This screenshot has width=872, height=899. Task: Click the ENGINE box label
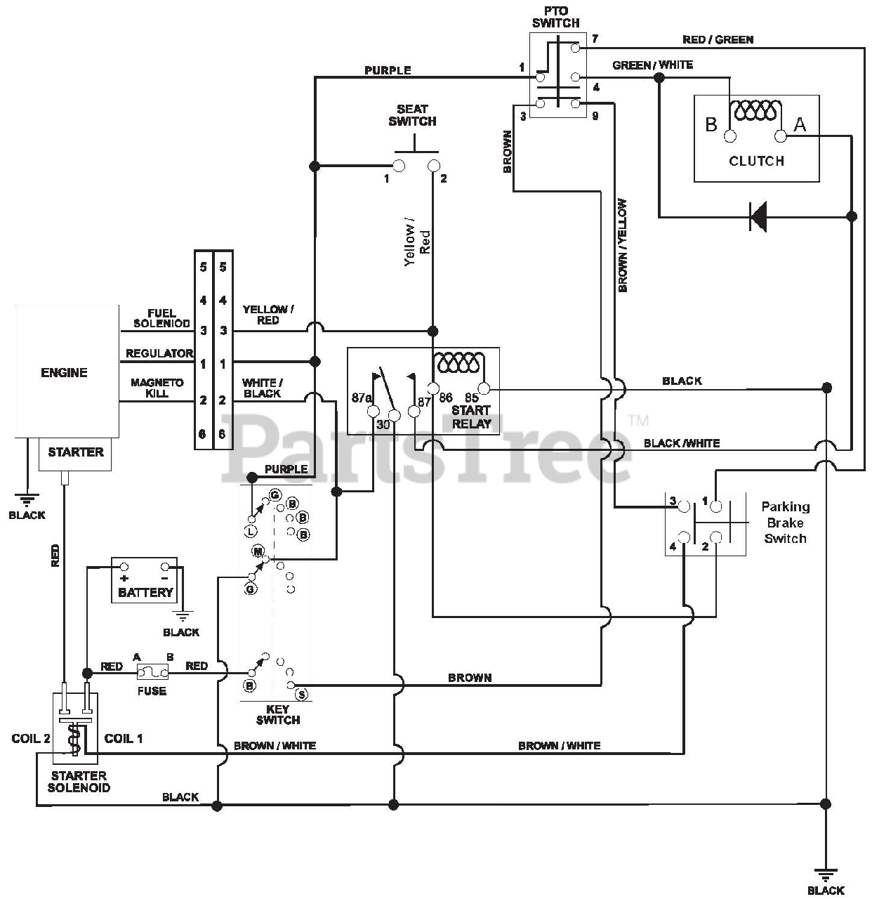(64, 372)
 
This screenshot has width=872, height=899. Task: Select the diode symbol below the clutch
(758, 216)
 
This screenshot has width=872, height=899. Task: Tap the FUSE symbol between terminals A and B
(152, 673)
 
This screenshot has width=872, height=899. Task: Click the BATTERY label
(145, 592)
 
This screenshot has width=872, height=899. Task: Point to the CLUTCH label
(757, 161)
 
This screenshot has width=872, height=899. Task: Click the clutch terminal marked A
(780, 136)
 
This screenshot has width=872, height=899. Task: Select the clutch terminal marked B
(730, 136)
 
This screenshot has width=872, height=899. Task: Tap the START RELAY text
(471, 416)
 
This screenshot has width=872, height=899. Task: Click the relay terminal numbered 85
(484, 388)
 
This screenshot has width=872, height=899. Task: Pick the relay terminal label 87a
(361, 398)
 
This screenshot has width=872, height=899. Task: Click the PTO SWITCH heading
(555, 17)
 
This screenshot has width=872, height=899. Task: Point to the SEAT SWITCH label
(412, 115)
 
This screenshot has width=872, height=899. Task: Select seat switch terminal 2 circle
(434, 165)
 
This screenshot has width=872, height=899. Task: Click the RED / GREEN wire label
(718, 40)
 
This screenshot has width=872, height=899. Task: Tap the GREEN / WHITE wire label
(653, 65)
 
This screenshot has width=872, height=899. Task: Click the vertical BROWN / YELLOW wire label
(622, 245)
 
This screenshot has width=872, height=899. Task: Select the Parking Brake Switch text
(785, 523)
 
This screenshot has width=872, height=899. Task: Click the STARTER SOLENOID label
(79, 782)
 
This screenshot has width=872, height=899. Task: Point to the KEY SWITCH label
(277, 714)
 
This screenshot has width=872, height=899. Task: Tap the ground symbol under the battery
(183, 616)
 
